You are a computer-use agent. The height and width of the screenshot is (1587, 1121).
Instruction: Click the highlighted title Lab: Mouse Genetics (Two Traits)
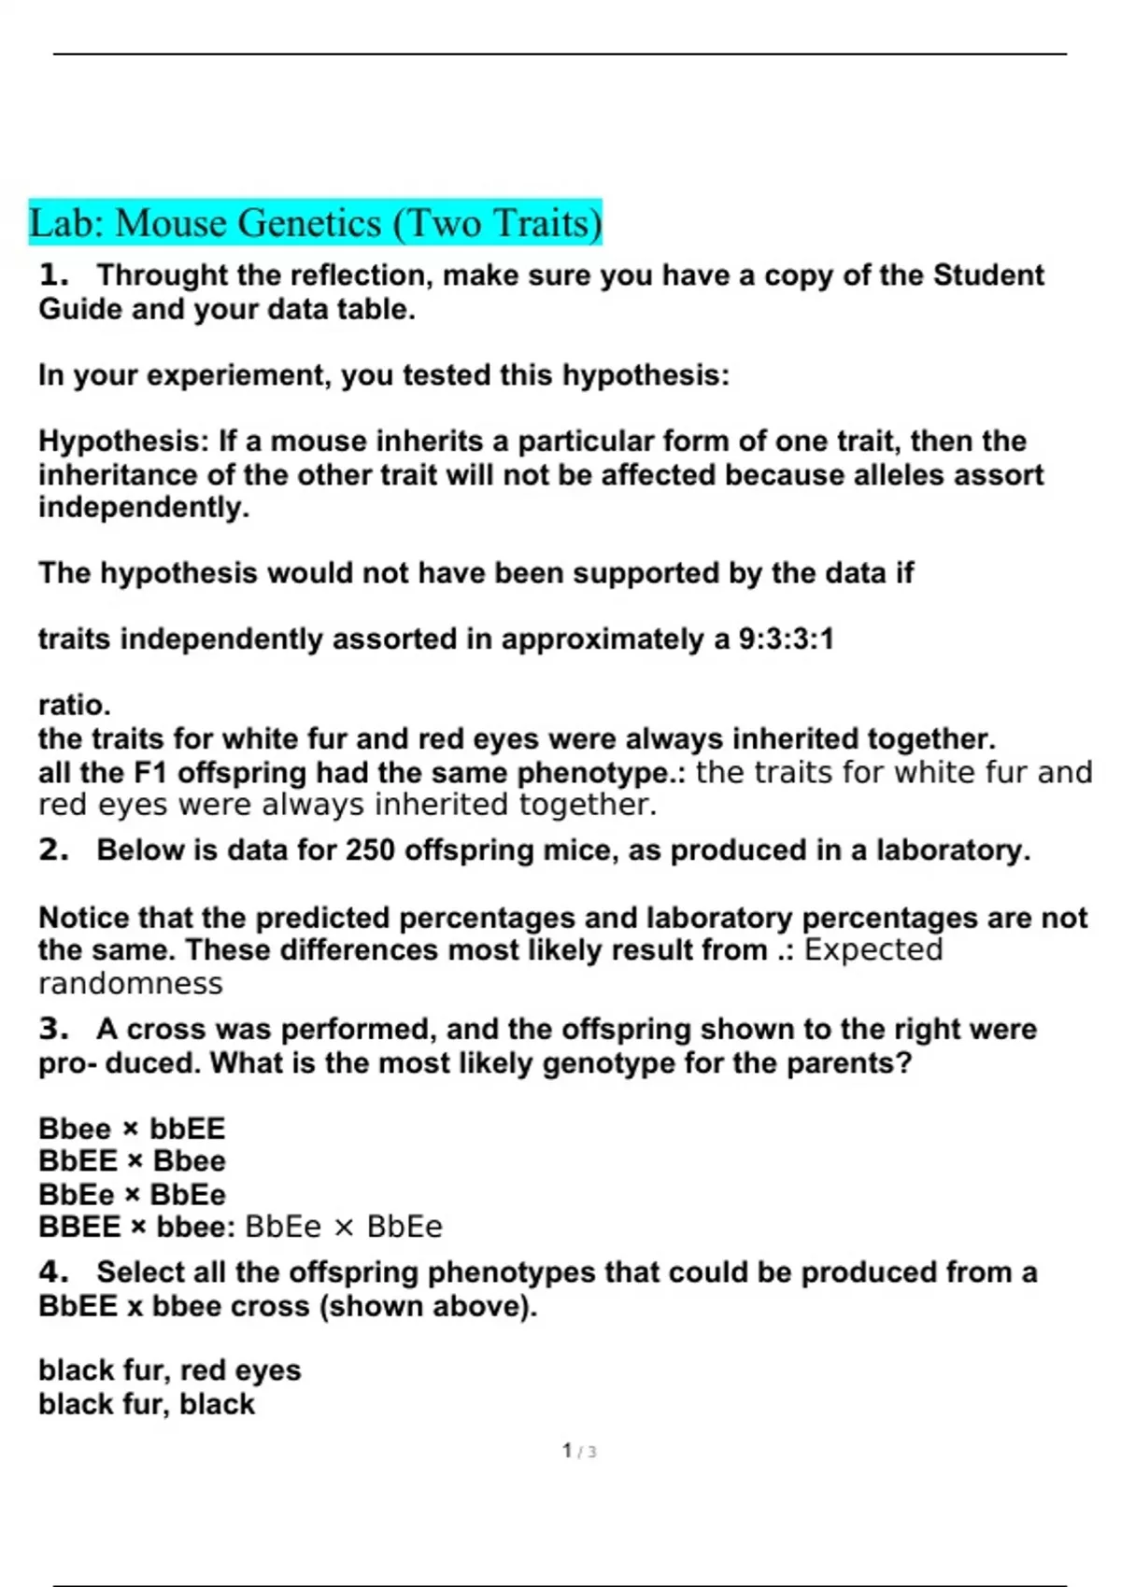316,223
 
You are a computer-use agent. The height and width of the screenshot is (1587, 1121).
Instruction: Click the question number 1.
54,275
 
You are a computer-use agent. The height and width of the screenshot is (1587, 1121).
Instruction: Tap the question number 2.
54,850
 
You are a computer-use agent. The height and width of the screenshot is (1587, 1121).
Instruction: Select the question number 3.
54,1030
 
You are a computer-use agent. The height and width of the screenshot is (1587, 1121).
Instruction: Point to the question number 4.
54,1272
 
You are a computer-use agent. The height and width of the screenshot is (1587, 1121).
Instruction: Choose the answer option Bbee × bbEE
132,1129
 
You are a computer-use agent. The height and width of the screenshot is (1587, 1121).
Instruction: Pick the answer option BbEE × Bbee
132,1161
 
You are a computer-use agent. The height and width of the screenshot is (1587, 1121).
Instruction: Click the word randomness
131,984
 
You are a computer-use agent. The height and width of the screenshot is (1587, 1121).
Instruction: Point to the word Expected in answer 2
873,950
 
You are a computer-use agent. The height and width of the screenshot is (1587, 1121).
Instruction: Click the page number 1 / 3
579,1452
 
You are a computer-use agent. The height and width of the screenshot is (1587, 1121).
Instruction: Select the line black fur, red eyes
170,1370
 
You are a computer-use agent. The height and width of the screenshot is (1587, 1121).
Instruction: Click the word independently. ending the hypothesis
144,508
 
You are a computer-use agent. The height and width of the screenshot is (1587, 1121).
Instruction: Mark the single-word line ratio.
75,705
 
